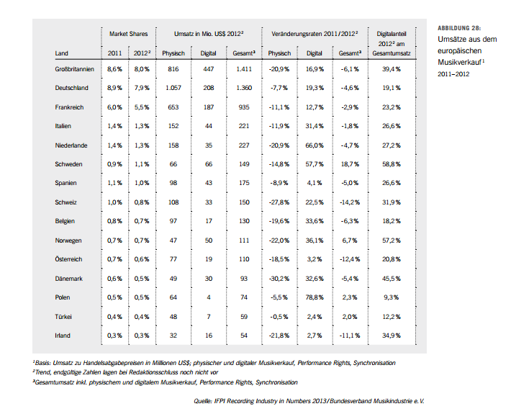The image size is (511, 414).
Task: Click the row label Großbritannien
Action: (x=74, y=69)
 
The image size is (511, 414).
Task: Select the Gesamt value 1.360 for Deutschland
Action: (x=243, y=88)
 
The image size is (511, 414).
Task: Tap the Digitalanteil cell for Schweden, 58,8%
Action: (x=391, y=164)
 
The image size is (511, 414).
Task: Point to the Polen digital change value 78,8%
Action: (x=314, y=297)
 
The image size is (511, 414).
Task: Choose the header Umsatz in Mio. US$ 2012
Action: (x=209, y=35)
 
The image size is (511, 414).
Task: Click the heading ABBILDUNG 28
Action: (x=458, y=27)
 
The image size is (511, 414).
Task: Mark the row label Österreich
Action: (x=70, y=259)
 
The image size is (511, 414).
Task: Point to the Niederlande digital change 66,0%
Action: (x=314, y=145)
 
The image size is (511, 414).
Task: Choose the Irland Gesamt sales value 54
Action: (x=243, y=336)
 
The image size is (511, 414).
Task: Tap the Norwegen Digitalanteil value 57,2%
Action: (x=391, y=240)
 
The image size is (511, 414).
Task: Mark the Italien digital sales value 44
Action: (x=208, y=126)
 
